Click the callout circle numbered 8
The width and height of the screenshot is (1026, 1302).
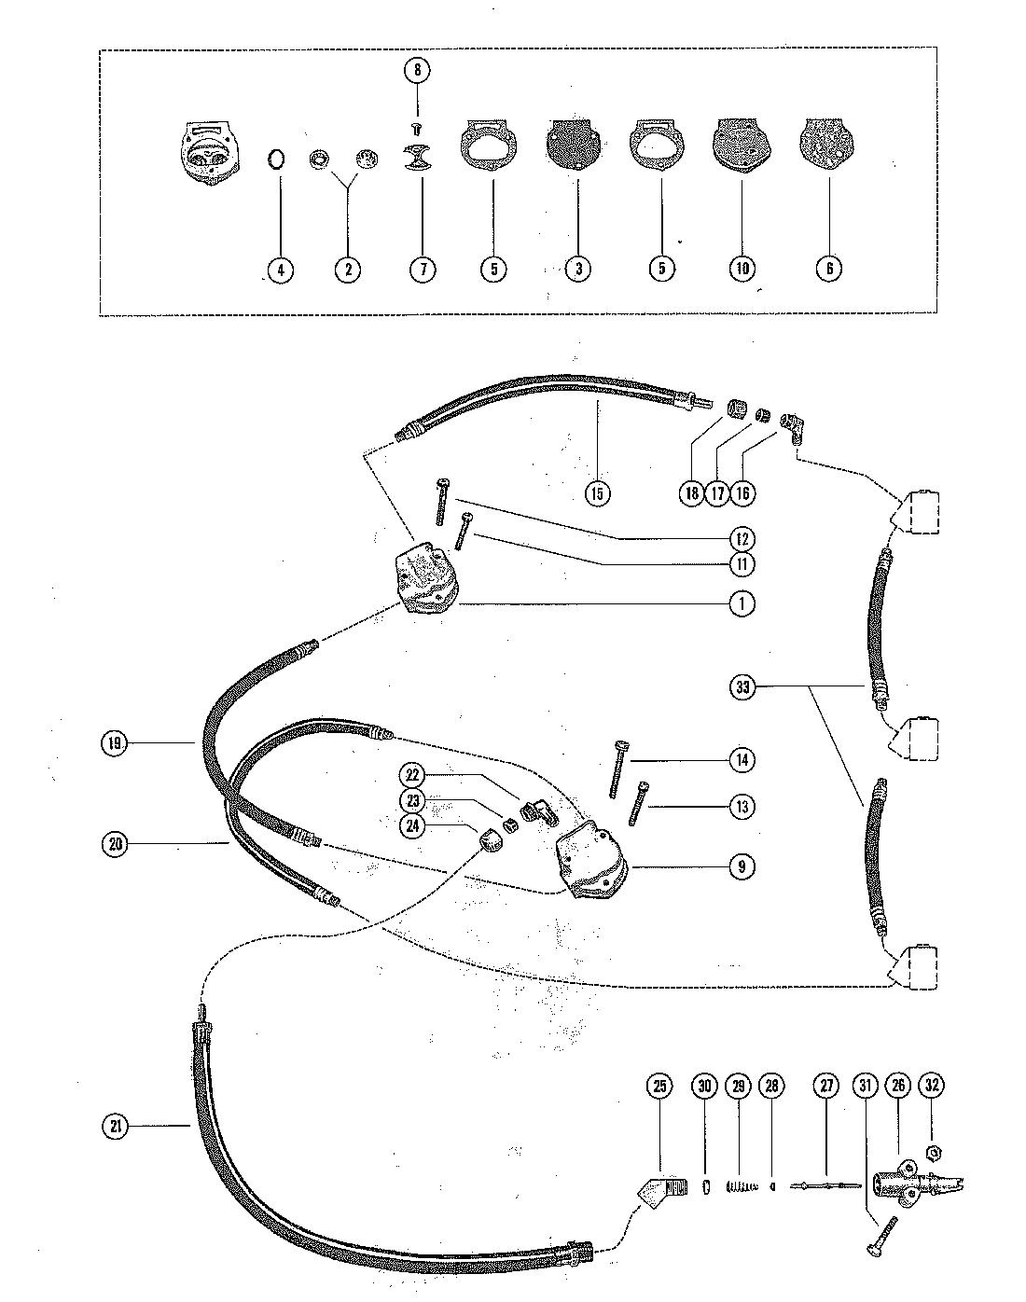click(417, 70)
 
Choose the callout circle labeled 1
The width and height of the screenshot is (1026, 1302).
click(742, 603)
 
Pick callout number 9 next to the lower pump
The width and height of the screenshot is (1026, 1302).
click(742, 866)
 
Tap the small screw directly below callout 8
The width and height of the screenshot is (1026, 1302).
click(417, 126)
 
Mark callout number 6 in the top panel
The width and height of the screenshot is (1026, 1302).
click(828, 270)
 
